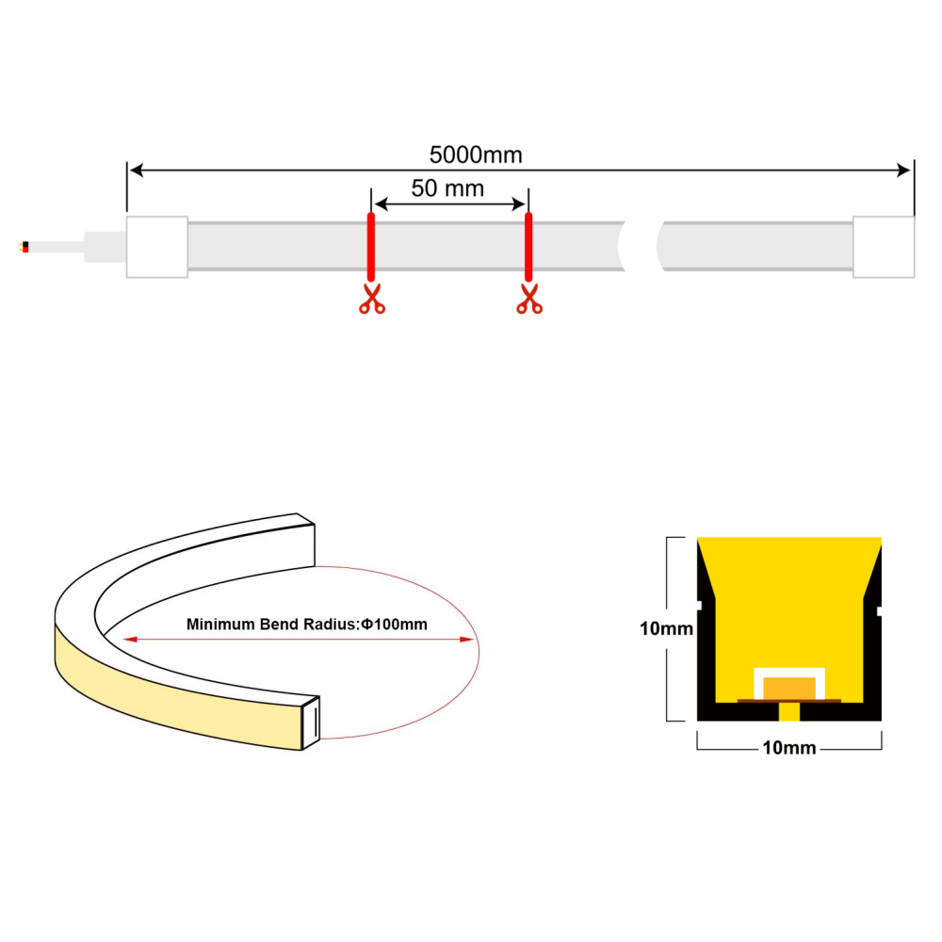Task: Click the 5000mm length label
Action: [x=476, y=155]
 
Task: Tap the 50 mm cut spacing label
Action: [x=447, y=188]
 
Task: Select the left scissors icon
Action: [x=372, y=299]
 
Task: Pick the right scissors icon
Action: [x=529, y=299]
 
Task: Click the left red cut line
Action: [x=371, y=247]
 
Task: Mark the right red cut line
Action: [x=528, y=247]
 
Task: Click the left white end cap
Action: [x=157, y=247]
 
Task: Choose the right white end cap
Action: [x=884, y=247]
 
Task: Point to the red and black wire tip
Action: [x=24, y=247]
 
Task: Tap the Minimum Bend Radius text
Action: [x=306, y=625]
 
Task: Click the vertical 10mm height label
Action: [x=666, y=628]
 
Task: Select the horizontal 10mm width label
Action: [x=788, y=748]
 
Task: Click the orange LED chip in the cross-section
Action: [x=789, y=688]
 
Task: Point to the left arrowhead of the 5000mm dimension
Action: [x=137, y=171]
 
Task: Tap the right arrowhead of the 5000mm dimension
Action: [x=903, y=171]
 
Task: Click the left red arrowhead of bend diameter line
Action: [x=129, y=640]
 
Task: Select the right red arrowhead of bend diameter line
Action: [x=467, y=640]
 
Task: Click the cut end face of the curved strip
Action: [x=311, y=723]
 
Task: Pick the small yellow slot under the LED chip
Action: [x=788, y=711]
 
